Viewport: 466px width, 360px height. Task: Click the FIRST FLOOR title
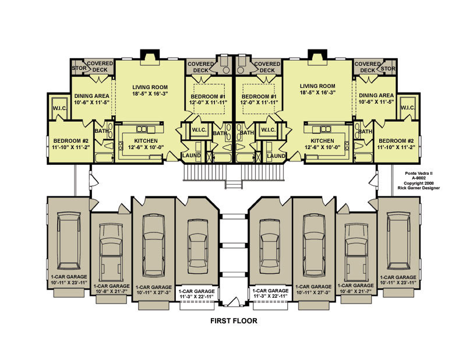pyautogui.click(x=234, y=321)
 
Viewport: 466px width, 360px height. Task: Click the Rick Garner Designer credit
pyautogui.click(x=419, y=188)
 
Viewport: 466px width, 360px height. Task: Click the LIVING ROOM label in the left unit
pyautogui.click(x=150, y=87)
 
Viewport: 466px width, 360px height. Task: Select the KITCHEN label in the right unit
pyautogui.click(x=323, y=140)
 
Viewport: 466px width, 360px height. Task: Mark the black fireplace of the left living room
pyautogui.click(x=150, y=55)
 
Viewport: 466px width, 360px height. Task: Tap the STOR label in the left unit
pyautogui.click(x=79, y=68)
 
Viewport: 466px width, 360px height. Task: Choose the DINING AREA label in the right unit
pyautogui.click(x=376, y=96)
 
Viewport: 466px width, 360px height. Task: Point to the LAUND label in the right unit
pyautogui.click(x=276, y=156)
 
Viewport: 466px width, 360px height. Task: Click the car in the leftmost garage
pyautogui.click(x=69, y=241)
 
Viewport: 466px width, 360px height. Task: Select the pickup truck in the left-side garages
pyautogui.click(x=111, y=252)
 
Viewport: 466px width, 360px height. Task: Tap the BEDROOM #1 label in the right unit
pyautogui.click(x=259, y=97)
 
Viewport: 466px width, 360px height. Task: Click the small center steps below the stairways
pyautogui.click(x=234, y=185)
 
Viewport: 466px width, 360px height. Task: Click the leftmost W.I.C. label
pyautogui.click(x=60, y=108)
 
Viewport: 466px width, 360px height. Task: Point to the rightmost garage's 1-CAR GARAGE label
pyautogui.click(x=398, y=277)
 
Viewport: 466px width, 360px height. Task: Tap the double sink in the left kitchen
pyautogui.click(x=142, y=129)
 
